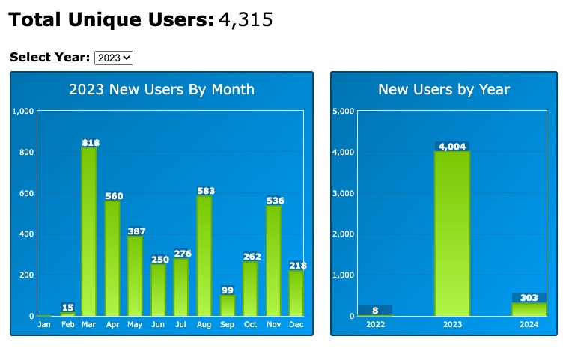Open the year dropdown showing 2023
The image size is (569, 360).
click(x=115, y=58)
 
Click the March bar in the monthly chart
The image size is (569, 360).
click(x=89, y=232)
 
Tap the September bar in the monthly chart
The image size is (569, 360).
click(x=228, y=305)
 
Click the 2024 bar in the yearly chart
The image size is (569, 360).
click(x=529, y=309)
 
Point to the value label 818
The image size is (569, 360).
click(x=91, y=143)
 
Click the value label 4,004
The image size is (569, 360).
click(x=452, y=147)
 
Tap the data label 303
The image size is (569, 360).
click(x=529, y=298)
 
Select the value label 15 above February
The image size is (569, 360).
click(x=68, y=308)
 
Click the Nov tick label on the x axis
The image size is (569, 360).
click(x=273, y=324)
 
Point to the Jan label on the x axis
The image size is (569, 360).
click(x=44, y=324)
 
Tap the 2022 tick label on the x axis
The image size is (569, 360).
click(x=375, y=324)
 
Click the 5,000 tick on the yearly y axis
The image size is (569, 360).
click(x=342, y=112)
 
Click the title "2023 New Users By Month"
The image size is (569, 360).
click(x=162, y=90)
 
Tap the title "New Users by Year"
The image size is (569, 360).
click(x=444, y=90)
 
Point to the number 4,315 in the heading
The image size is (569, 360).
click(x=246, y=20)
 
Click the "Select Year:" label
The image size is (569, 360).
click(x=50, y=58)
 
